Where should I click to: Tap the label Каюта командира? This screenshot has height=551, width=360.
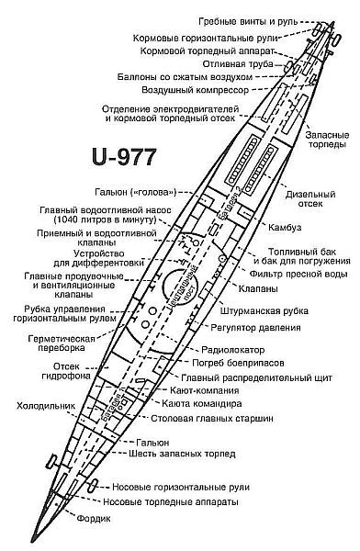pyautogui.click(x=207, y=402)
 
